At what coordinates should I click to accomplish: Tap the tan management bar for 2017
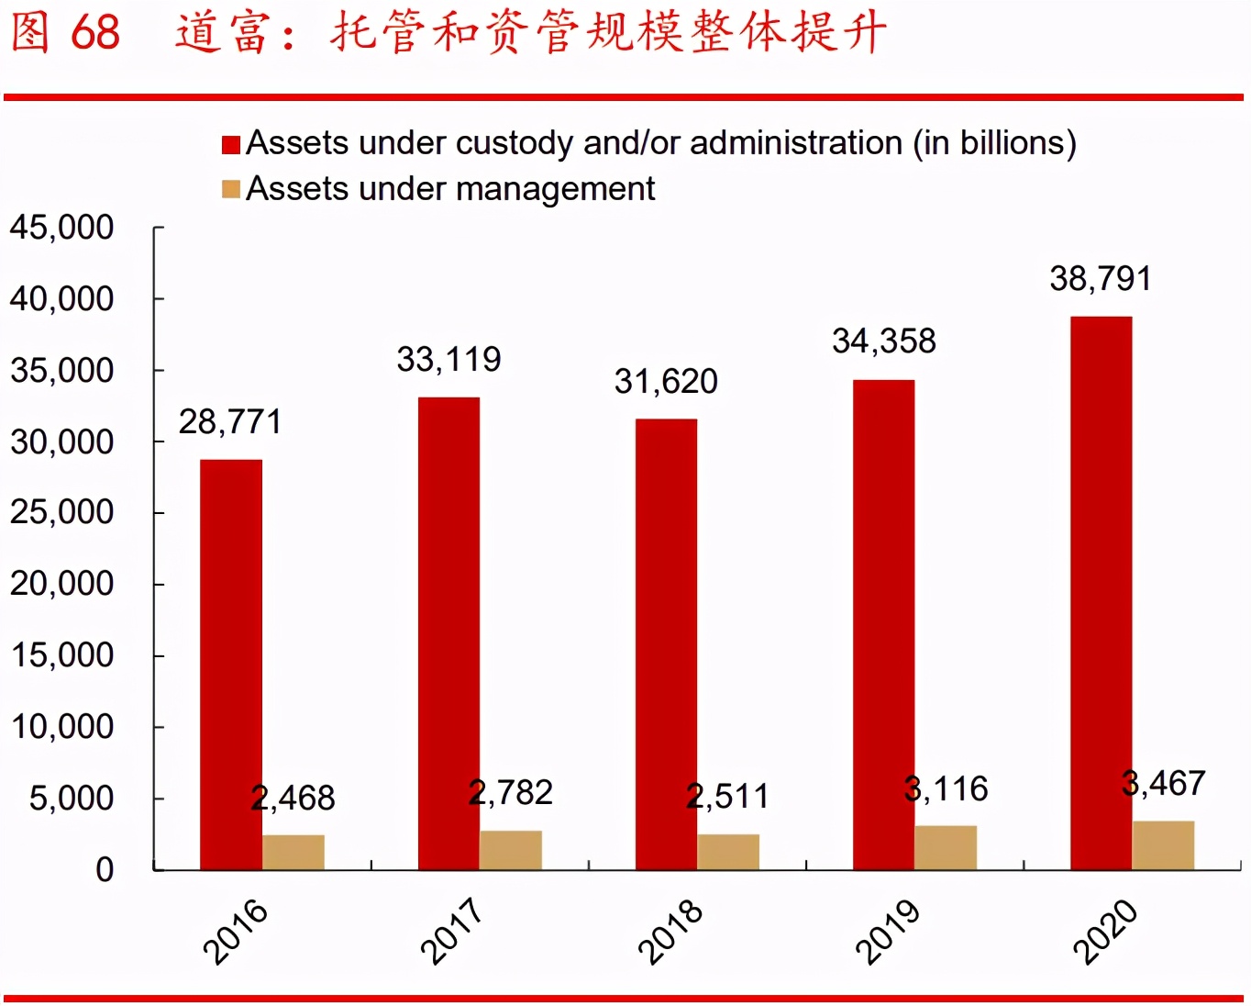coord(511,850)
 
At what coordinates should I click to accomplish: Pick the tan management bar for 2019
coord(946,847)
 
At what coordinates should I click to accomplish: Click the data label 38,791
coord(1101,279)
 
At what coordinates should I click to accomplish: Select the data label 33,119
coord(448,359)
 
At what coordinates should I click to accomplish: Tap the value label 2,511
coord(728,797)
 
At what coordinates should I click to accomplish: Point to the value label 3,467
coord(1164,784)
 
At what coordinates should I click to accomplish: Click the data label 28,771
coord(230,422)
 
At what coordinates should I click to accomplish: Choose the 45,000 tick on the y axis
coord(61,228)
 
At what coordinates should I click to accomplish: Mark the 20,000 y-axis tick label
coord(61,584)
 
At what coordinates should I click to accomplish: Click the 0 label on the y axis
coord(105,869)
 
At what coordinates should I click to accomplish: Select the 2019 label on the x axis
coord(887,931)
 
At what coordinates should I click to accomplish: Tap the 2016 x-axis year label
coord(235,931)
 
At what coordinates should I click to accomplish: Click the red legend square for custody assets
coord(231,144)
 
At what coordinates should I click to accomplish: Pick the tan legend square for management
coord(231,189)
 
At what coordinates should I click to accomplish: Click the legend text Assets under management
coord(450,189)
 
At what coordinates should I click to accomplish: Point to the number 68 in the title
coord(95,32)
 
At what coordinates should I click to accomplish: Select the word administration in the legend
coord(796,143)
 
